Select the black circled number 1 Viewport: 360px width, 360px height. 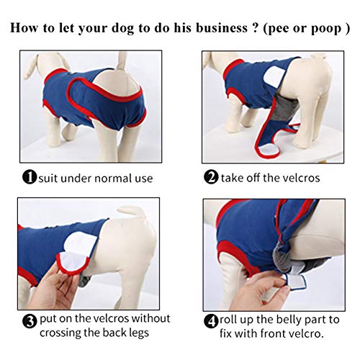point(29,177)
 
